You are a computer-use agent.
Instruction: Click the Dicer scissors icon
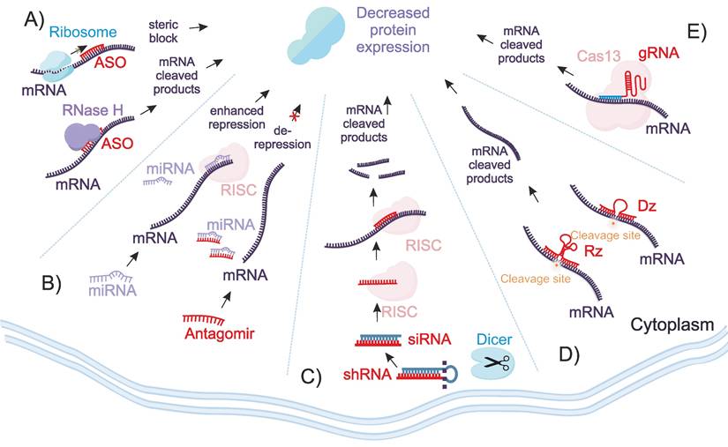pos(493,360)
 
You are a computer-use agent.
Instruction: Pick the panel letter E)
pos(697,34)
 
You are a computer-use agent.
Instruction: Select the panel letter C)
pos(311,378)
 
